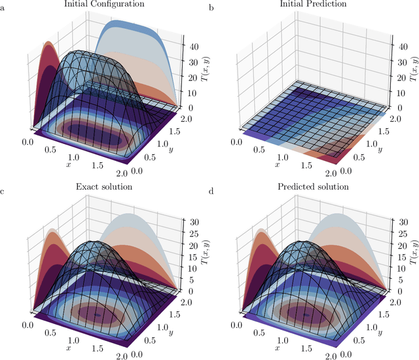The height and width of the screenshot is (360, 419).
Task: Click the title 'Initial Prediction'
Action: [314, 5]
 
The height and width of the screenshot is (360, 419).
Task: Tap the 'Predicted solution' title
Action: [314, 187]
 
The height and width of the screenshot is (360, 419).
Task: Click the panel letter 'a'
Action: [3, 7]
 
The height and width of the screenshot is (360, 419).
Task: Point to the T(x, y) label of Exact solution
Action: [204, 251]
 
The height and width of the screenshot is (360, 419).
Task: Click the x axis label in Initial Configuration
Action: [67, 164]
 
